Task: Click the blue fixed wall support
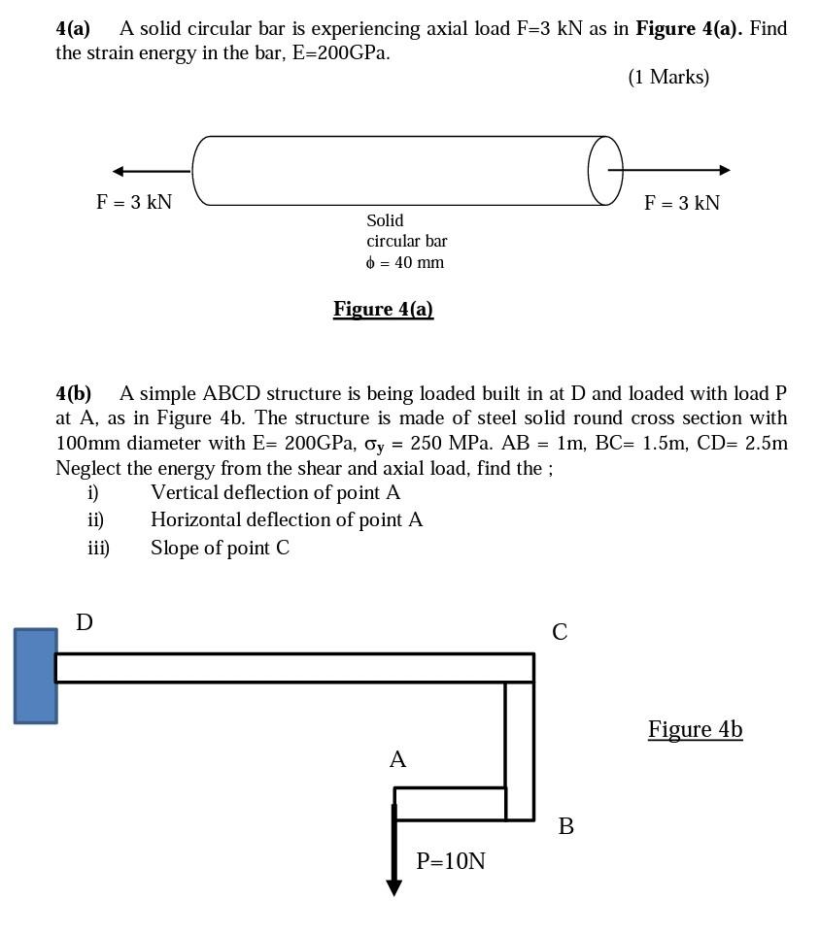pos(36,676)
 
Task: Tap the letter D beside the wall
pos(85,622)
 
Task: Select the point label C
pos(560,632)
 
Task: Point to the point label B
pos(566,826)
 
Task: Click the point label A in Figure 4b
pos(397,759)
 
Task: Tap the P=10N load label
pos(451,861)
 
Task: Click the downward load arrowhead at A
pos(393,886)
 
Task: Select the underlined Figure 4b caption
pos(695,729)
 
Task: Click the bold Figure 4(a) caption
pos(383,309)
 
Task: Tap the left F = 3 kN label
pos(134,202)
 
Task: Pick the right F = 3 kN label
pos(682,203)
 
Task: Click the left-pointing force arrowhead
pos(119,172)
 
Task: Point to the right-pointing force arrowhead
pos(724,170)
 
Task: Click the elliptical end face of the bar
pos(605,171)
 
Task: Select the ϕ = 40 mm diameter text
pos(405,262)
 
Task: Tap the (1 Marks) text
pos(668,77)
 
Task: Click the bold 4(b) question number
pos(74,393)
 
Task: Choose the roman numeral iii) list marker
pos(98,548)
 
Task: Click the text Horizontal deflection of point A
pos(287,519)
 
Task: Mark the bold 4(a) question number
pos(73,28)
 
